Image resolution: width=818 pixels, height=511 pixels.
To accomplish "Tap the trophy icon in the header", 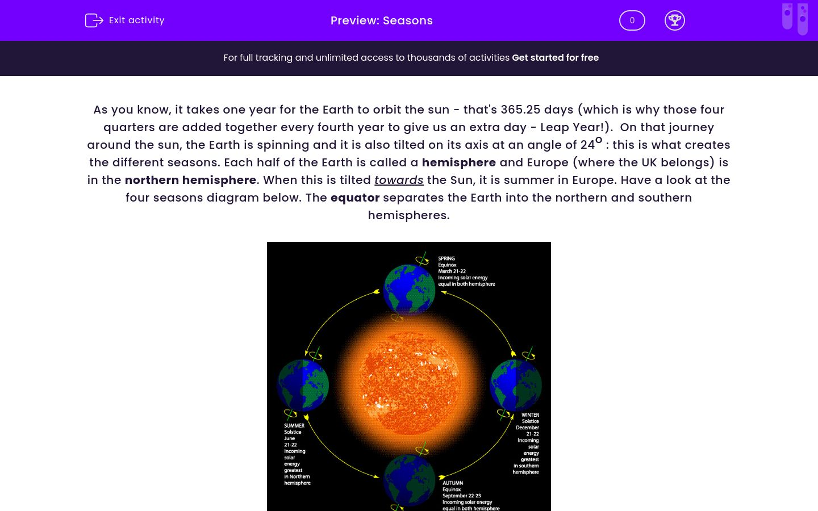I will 674,20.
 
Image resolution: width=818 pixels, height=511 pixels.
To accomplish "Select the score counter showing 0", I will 632,20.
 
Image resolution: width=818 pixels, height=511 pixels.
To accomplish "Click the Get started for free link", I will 555,57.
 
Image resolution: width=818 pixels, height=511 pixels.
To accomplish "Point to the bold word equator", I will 355,198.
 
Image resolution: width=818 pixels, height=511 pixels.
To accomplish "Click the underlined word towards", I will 399,180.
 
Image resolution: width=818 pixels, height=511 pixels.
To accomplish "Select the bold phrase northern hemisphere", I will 190,180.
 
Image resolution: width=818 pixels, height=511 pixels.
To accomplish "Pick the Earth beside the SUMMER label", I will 303,385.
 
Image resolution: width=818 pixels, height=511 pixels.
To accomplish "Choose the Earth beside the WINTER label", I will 516,385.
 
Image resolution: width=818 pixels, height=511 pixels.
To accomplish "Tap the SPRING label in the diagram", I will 446,258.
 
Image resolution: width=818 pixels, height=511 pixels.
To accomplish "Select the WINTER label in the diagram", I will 530,415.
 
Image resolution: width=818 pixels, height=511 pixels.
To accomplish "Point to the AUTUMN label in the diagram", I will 453,483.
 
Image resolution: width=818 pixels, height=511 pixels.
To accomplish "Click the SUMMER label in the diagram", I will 294,426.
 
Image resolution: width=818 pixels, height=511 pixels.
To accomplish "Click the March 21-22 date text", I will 452,271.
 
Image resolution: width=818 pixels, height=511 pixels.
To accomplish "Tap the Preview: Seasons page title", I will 382,20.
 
